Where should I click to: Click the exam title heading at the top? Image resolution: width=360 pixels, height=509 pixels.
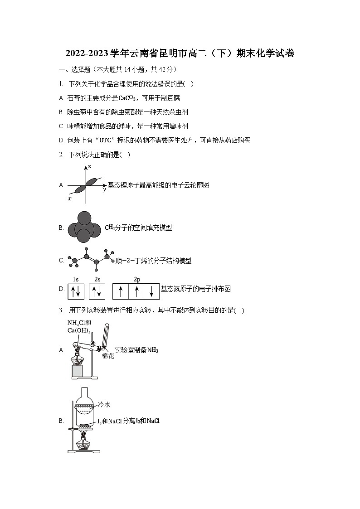[180, 54]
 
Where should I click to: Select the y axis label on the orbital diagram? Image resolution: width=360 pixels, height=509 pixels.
[104, 189]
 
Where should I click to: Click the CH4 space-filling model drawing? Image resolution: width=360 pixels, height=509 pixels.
[84, 228]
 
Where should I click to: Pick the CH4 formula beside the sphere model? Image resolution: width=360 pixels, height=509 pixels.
[109, 228]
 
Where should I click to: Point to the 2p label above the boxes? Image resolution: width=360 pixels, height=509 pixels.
[136, 279]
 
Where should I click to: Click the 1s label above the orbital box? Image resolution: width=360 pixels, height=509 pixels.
[76, 279]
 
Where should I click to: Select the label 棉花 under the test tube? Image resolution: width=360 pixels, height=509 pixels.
[107, 356]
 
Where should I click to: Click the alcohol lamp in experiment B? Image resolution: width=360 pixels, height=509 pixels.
[84, 442]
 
